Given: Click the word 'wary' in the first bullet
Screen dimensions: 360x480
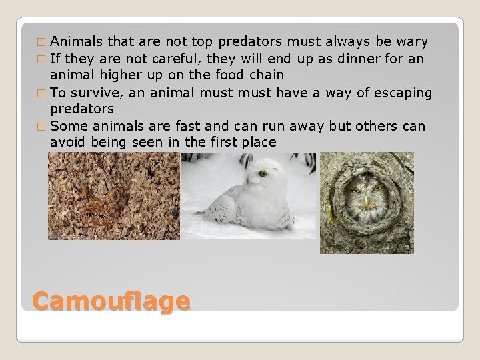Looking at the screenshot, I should [x=413, y=43].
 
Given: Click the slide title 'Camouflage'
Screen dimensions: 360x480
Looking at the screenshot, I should [x=111, y=301].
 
